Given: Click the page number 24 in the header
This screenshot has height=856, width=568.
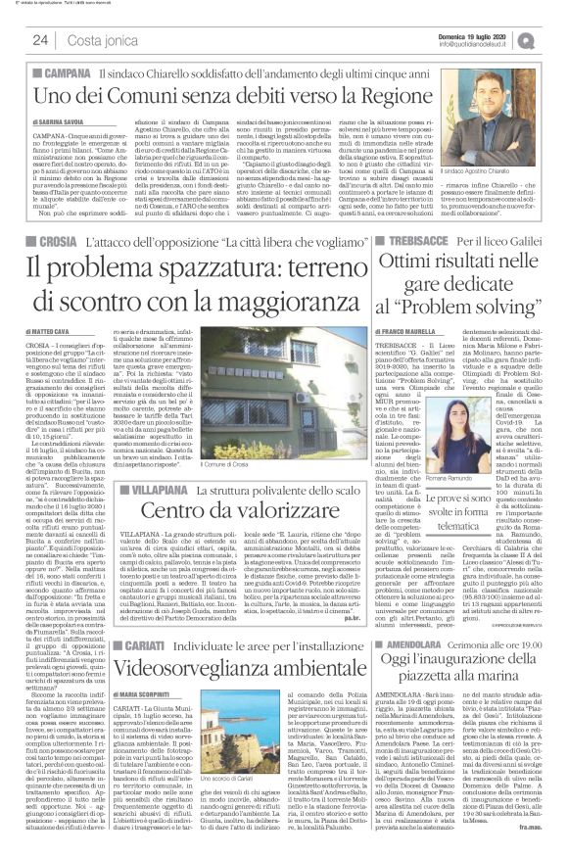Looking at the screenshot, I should click(41, 40).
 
